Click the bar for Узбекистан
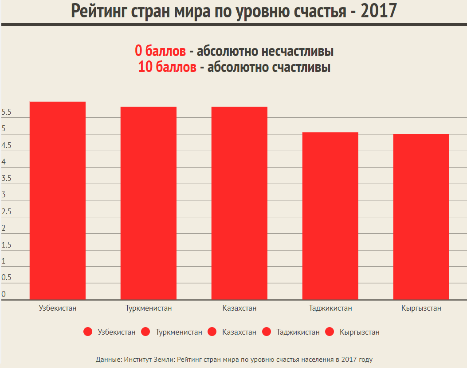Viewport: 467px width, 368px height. (x=57, y=200)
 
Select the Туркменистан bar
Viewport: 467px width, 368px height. (x=148, y=203)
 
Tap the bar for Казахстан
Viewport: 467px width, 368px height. (x=239, y=203)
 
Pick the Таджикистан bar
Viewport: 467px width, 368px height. (x=330, y=216)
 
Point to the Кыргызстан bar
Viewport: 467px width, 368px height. (x=421, y=216)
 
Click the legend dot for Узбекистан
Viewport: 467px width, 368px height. (x=88, y=332)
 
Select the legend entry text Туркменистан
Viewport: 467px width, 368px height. (x=179, y=332)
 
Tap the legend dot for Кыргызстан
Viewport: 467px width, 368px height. (x=330, y=332)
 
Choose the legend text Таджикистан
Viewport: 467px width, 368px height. (x=298, y=332)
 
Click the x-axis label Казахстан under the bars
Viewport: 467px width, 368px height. (x=239, y=308)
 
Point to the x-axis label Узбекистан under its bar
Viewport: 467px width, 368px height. (x=58, y=308)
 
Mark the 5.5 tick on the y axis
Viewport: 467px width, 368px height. (x=6, y=113)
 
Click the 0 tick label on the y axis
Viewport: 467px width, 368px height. (x=4, y=294)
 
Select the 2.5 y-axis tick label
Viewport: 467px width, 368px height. (x=6, y=212)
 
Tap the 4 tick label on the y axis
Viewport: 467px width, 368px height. (x=4, y=162)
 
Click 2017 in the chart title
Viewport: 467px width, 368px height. (x=378, y=11)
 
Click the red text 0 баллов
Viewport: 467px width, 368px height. (x=161, y=51)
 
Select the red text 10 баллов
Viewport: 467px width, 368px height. (x=167, y=68)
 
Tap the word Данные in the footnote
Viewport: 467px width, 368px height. (x=108, y=359)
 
